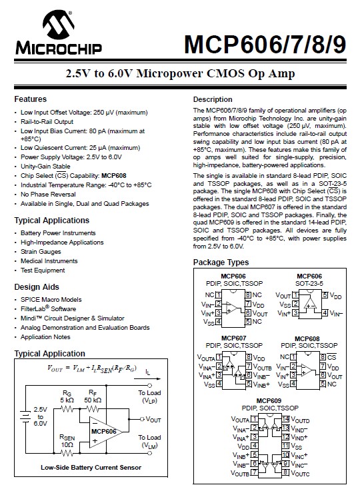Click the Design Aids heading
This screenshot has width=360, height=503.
coord(37,286)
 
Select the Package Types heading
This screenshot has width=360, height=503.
coord(221,262)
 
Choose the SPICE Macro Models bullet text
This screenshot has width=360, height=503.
coord(51,300)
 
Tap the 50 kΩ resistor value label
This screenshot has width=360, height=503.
coord(93,400)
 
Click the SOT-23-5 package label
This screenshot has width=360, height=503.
coord(309,282)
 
